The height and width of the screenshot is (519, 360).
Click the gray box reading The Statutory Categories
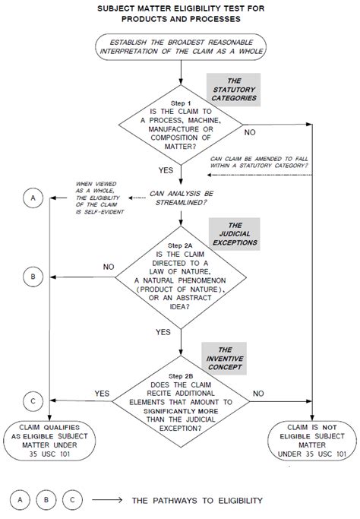click(234, 90)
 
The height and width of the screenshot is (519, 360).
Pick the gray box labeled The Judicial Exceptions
click(235, 234)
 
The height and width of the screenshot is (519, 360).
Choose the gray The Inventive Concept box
click(225, 359)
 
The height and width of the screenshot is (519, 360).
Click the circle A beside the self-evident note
click(33, 198)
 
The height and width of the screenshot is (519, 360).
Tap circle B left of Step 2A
click(33, 277)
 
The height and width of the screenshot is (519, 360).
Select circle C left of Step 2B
click(33, 401)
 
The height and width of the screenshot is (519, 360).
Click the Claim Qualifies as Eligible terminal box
click(49, 441)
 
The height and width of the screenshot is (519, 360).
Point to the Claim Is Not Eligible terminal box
click(312, 441)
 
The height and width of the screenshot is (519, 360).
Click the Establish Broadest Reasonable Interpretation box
click(181, 46)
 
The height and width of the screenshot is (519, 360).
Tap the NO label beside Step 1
click(250, 132)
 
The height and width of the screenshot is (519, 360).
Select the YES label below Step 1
click(166, 170)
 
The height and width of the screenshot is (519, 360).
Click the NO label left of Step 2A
click(109, 267)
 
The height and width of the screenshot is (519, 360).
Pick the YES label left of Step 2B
click(102, 394)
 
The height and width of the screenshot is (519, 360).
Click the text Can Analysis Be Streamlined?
click(181, 198)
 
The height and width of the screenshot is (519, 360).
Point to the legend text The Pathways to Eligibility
click(197, 501)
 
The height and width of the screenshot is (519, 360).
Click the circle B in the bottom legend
click(46, 500)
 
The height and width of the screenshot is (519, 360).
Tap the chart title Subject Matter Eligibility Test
click(181, 14)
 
